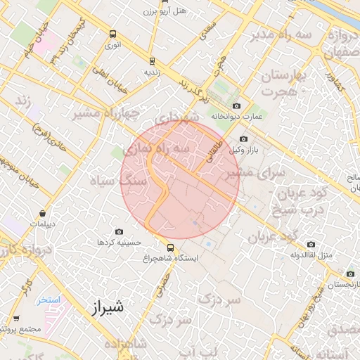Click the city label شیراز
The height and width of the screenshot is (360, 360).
[x=108, y=307]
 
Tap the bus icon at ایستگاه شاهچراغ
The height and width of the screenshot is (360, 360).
[x=170, y=247]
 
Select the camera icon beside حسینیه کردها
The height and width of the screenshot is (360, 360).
[x=118, y=232]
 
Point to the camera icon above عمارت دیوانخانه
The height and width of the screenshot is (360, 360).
[x=236, y=105]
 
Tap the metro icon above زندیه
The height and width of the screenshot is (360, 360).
[x=153, y=60]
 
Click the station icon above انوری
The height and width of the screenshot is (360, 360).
[x=112, y=34]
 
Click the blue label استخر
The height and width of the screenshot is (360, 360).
[x=50, y=300]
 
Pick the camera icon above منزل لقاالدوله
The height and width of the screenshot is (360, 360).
[x=311, y=245]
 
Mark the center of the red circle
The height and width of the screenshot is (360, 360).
[x=180, y=180]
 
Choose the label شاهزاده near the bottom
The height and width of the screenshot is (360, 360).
[x=133, y=343]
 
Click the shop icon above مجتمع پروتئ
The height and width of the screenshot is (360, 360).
[x=15, y=319]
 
